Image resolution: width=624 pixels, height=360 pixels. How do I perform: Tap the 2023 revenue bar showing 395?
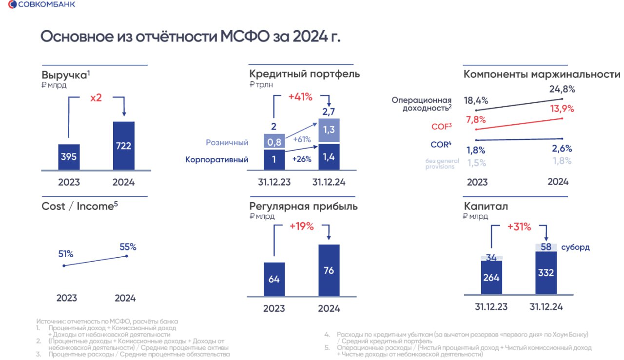[69, 157]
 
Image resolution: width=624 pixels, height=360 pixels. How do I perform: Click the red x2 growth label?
[96, 97]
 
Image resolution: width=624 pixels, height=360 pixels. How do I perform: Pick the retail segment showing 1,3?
[329, 131]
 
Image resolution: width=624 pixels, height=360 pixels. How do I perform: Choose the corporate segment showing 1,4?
[329, 157]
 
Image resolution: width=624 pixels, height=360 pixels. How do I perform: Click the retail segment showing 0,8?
[274, 142]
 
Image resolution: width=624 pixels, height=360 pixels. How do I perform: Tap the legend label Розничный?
[227, 142]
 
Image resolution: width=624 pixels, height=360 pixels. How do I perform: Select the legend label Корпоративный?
[216, 159]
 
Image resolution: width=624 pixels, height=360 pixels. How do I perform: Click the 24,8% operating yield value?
[562, 89]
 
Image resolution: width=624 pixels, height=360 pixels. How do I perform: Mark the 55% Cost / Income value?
[128, 246]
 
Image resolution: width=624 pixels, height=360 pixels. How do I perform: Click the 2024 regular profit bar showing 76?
[329, 270]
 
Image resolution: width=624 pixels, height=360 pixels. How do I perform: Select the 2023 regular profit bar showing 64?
[274, 279]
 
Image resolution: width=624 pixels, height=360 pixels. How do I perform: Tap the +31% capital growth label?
[519, 227]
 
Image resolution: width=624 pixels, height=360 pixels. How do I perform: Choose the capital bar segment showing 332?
[546, 272]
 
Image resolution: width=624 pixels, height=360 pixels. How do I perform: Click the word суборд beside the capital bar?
[575, 247]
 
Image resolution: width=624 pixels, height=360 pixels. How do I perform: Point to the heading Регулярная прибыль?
[303, 206]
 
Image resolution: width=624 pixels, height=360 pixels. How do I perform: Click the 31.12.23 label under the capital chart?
[492, 307]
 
